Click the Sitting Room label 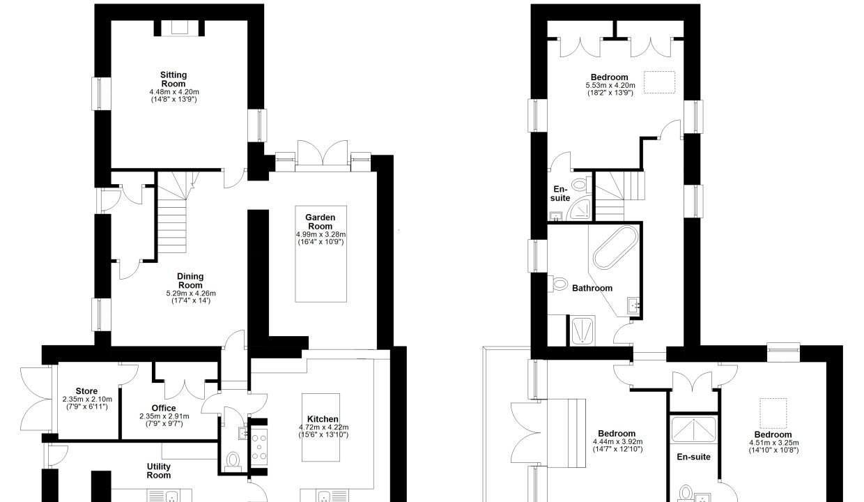pos(173,79)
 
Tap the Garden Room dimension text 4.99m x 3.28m pos(321,234)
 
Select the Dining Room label pos(190,280)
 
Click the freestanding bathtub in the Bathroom pos(616,248)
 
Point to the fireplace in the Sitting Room pos(179,28)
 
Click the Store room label pos(87,391)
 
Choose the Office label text pos(164,408)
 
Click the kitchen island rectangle pos(321,427)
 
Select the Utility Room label pos(159,471)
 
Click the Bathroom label pos(592,288)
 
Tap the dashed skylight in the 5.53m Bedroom pos(660,82)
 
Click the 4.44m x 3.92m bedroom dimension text pos(617,442)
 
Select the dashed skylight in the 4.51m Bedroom pos(773,413)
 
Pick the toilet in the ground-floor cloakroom pos(233,462)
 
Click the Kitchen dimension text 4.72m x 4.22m pos(323,427)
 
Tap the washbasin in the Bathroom pos(633,306)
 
